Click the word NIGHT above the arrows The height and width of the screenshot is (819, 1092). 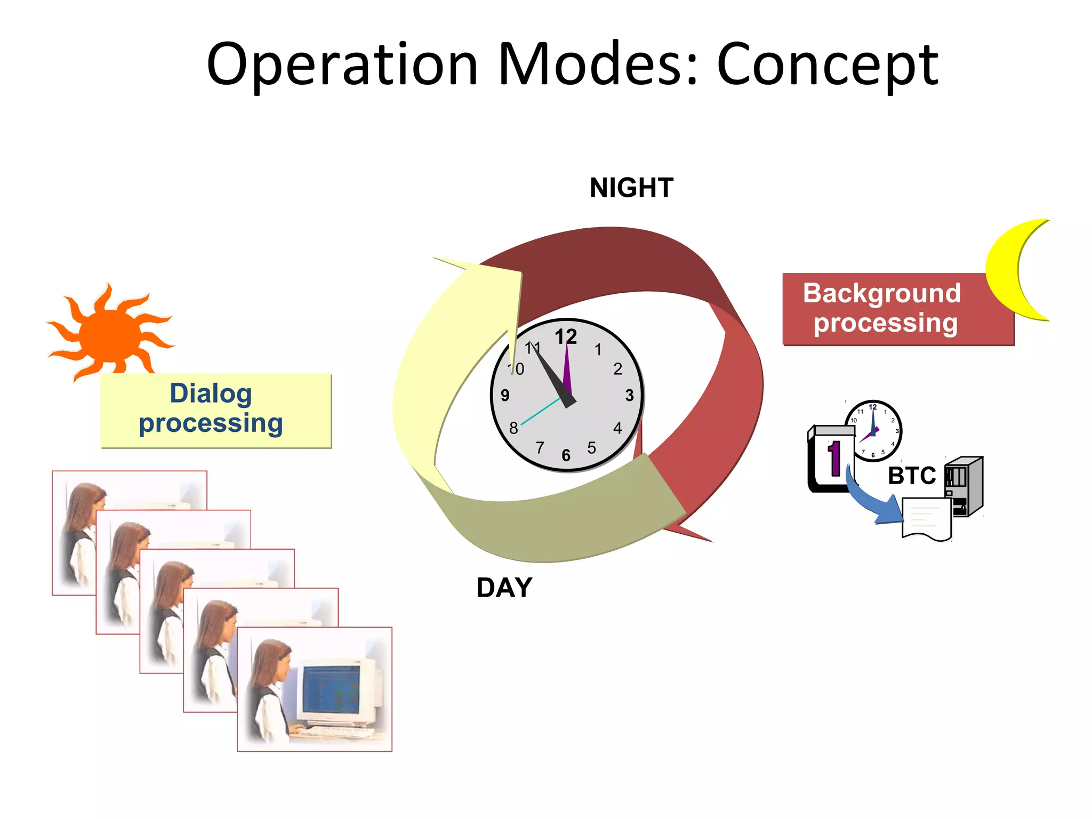pyautogui.click(x=631, y=188)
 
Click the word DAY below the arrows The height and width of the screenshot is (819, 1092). pyautogui.click(x=504, y=588)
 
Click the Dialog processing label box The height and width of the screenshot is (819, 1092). pyautogui.click(x=215, y=409)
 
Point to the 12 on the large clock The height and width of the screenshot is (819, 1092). pyautogui.click(x=566, y=337)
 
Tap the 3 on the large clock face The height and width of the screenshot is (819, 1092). pyautogui.click(x=629, y=395)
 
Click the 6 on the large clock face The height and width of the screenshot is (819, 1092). pyautogui.click(x=566, y=455)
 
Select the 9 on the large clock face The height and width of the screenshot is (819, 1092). pyautogui.click(x=505, y=395)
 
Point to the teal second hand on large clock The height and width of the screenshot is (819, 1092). pyautogui.click(x=539, y=413)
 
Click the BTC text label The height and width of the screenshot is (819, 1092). pyautogui.click(x=911, y=476)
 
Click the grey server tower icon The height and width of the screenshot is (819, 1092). pyautogui.click(x=965, y=485)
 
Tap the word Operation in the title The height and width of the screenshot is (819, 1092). pyautogui.click(x=342, y=65)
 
